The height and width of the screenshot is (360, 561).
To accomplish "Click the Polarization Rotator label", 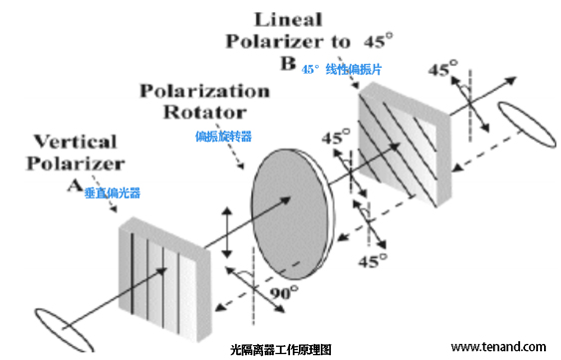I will point(204,100).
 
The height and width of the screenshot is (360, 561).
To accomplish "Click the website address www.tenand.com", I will point(497,346).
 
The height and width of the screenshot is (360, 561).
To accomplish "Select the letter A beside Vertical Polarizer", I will point(73,185).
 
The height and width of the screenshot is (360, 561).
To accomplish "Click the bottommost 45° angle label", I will point(372,260).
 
